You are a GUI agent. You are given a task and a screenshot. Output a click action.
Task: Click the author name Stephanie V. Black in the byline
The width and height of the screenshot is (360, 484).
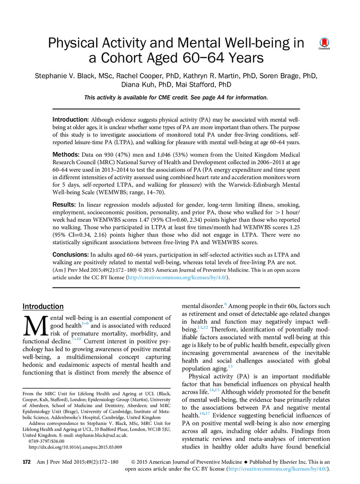[x=66, y=76]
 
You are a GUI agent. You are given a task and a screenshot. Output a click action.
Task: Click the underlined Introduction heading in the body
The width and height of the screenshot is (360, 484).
[x=43, y=306]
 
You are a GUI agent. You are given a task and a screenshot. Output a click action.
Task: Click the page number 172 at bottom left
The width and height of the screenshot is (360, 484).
[x=27, y=462]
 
